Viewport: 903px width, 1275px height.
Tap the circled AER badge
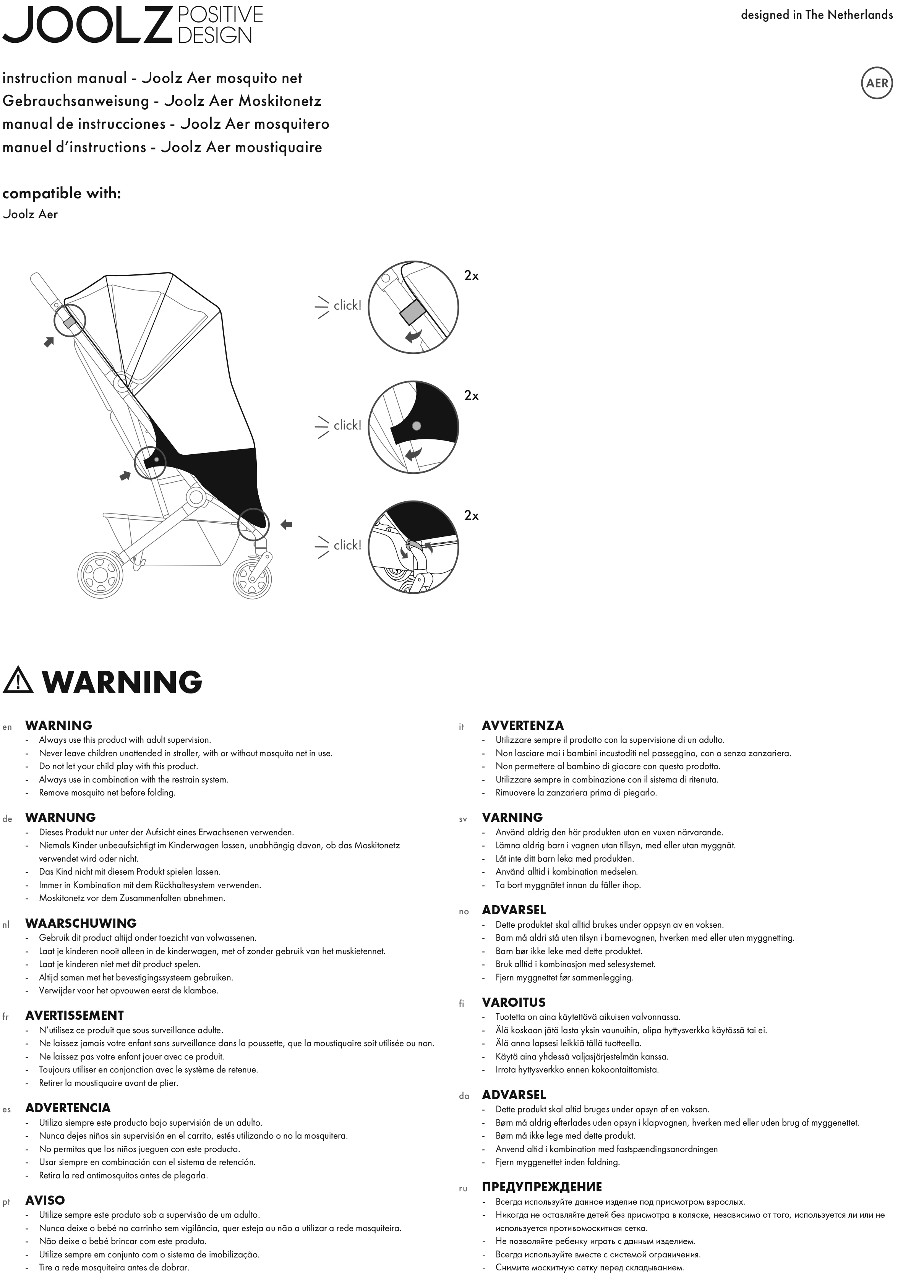pos(877,83)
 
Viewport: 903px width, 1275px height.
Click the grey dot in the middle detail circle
pos(417,426)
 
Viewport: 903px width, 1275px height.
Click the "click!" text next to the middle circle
pos(347,425)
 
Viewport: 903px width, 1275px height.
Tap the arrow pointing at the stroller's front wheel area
pos(286,524)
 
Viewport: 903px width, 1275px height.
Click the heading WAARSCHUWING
pos(81,923)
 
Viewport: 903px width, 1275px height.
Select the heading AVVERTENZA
pos(523,725)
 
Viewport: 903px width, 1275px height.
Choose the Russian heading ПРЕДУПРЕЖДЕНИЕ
pos(541,1187)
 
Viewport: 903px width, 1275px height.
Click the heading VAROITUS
pos(514,1002)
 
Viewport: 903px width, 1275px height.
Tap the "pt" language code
pos(6,1202)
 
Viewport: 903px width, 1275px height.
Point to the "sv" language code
pos(463,819)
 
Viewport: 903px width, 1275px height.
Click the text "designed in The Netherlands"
pos(816,15)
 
